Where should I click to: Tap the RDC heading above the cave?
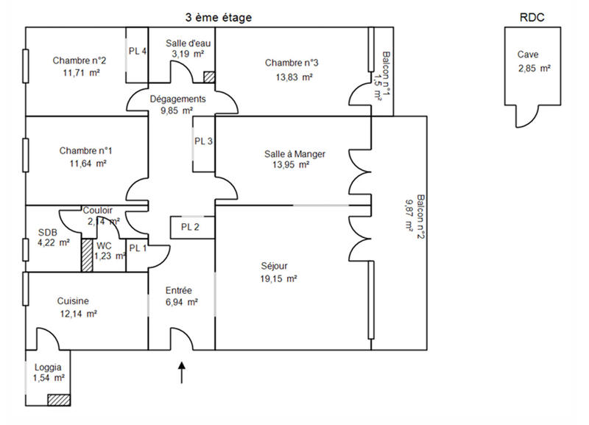533,17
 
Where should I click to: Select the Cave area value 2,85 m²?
535,69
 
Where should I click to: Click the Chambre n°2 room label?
76,60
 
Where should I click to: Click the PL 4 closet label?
138,52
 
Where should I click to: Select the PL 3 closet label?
204,141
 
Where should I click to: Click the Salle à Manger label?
294,154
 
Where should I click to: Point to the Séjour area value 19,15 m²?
278,279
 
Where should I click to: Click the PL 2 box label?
191,227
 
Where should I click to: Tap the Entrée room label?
179,290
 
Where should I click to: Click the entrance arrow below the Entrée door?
182,372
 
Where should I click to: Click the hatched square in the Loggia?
57,399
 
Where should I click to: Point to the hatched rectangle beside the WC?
87,256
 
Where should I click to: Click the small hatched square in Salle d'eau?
209,77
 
